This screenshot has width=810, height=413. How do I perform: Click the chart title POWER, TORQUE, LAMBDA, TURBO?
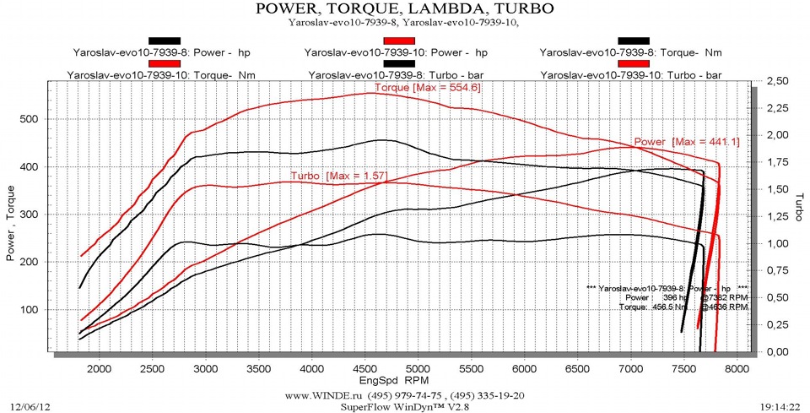[x=404, y=9]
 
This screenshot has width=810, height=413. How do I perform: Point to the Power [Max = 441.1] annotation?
[x=687, y=142]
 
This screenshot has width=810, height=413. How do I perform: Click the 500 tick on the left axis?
[x=29, y=119]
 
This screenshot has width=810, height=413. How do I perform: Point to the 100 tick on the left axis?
[x=29, y=310]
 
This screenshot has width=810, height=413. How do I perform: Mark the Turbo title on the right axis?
[x=796, y=207]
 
